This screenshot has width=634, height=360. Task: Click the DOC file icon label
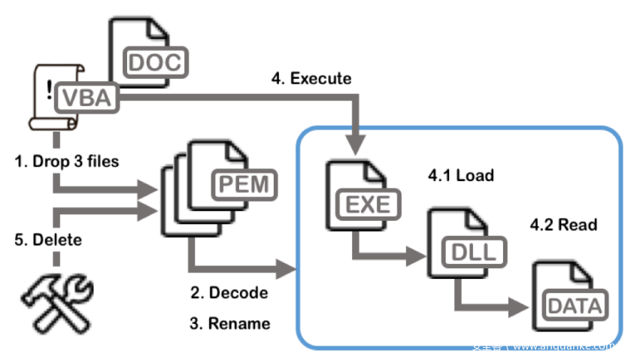pos(155,62)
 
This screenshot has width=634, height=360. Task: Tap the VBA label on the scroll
pos(89,97)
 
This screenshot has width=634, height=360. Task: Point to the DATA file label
pos(575,306)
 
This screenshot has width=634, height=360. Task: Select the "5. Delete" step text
pos(50,241)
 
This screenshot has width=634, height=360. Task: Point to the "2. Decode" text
pos(228,293)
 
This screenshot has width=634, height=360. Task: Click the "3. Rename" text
pos(229,324)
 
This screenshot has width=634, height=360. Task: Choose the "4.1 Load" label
pos(460,176)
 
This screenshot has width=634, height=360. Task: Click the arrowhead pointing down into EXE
pos(355,141)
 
